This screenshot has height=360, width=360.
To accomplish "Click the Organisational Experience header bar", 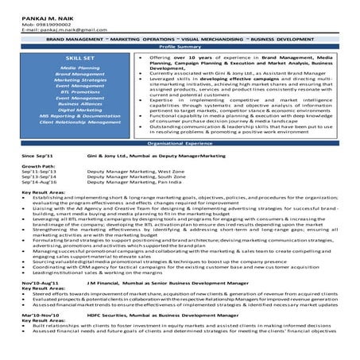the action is (x=180, y=143).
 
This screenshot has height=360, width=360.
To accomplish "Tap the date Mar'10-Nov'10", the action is (x=38, y=317).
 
